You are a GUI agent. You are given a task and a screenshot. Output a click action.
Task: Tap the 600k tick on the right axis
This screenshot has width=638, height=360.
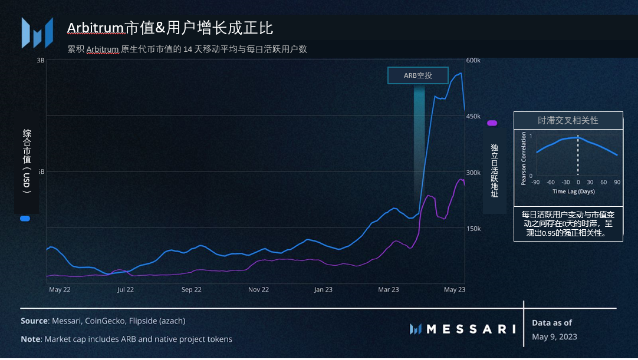(474, 61)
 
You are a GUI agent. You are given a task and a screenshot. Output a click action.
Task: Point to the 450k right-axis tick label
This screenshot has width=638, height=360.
(474, 117)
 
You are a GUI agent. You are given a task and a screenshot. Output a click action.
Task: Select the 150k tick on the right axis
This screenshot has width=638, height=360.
(474, 229)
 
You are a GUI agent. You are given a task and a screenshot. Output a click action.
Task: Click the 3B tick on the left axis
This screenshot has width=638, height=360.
(41, 61)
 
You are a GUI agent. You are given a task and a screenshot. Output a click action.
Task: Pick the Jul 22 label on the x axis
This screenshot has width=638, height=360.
(126, 290)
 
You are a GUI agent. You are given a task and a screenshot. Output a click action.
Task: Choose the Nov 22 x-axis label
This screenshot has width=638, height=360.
(258, 290)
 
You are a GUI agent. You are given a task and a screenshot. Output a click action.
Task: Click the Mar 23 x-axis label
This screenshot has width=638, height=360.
(388, 290)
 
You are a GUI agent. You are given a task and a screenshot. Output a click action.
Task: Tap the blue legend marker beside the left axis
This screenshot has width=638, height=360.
(25, 219)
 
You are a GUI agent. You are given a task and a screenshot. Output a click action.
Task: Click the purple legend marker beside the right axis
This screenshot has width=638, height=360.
(492, 123)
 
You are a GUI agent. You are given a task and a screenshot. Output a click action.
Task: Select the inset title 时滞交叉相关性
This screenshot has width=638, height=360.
(568, 120)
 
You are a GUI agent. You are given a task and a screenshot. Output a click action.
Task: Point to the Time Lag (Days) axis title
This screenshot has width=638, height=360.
(574, 191)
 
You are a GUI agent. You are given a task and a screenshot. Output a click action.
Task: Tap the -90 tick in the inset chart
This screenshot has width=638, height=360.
(535, 183)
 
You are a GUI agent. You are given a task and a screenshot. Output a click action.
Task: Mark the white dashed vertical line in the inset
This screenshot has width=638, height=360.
(578, 156)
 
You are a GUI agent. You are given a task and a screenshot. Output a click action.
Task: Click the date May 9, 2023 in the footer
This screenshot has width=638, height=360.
(554, 337)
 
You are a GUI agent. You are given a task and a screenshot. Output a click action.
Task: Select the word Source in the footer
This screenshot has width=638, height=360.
(34, 321)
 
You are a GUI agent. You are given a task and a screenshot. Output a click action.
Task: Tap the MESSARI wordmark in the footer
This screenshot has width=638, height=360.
(471, 329)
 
